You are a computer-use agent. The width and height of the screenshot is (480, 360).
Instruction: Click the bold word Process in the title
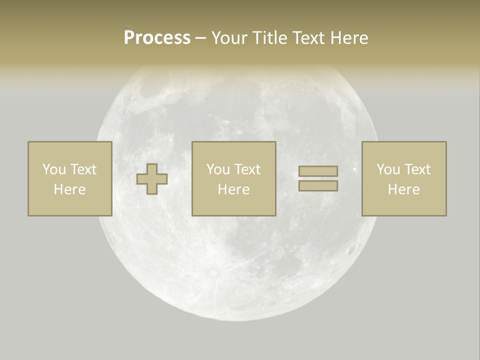(157, 38)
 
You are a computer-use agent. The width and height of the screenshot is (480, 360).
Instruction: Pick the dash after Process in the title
(200, 38)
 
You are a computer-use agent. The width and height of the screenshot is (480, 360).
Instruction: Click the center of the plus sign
(152, 179)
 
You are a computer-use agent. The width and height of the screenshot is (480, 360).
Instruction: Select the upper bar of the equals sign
(318, 171)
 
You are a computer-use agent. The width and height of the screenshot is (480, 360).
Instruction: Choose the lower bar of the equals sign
(318, 186)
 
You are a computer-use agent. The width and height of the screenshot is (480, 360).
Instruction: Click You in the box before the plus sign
(54, 169)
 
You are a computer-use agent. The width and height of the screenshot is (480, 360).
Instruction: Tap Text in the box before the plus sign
(82, 169)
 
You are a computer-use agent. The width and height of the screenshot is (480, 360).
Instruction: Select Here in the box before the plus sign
(69, 189)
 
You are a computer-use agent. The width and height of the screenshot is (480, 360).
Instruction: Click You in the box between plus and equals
(218, 169)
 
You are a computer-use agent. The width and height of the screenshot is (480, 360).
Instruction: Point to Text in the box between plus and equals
(247, 169)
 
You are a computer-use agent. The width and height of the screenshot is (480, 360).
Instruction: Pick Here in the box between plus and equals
(233, 189)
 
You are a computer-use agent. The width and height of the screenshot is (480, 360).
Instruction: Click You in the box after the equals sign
(388, 169)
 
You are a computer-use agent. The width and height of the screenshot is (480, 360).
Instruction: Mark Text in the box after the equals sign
(417, 169)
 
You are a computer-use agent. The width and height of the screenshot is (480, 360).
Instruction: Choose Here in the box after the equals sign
(403, 189)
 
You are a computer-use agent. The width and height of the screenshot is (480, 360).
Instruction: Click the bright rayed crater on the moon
(213, 272)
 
